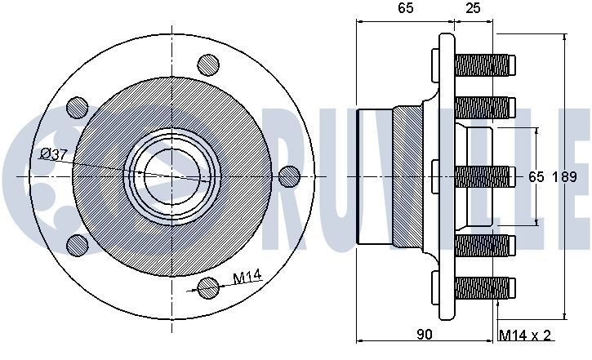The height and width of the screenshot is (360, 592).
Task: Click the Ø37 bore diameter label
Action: (x=54, y=154)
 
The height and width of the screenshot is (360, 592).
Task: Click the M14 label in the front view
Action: (x=247, y=278)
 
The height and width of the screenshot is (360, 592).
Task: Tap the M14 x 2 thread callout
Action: (x=525, y=335)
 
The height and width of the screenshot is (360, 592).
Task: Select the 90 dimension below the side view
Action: (x=425, y=335)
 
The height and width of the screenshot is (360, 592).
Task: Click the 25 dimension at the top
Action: (x=473, y=8)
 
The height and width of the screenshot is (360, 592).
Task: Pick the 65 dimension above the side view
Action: (x=406, y=8)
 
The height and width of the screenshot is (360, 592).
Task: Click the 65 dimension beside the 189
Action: (x=536, y=176)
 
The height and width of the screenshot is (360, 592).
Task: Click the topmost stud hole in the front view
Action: (x=208, y=65)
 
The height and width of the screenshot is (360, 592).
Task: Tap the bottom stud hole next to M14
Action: (x=208, y=288)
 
